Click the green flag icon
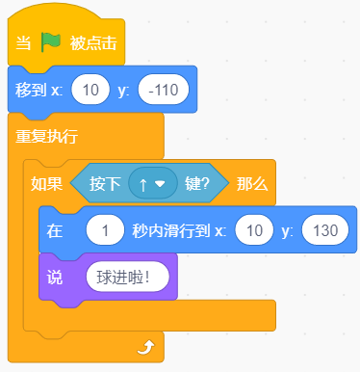[51, 42]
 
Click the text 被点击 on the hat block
[93, 43]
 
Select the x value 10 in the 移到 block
[90, 90]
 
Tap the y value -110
[164, 90]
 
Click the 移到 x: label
[39, 90]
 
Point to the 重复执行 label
[46, 137]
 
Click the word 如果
[46, 184]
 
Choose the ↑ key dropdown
[153, 183]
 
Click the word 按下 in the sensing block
[105, 184]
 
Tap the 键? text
[197, 184]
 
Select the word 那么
[252, 184]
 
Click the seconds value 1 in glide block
[105, 230]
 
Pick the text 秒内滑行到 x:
[179, 230]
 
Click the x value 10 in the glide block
[254, 230]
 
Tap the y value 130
[325, 230]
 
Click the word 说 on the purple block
[55, 278]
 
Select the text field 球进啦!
[127, 278]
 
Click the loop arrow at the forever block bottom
[146, 348]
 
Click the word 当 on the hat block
[23, 43]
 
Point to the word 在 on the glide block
[55, 230]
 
